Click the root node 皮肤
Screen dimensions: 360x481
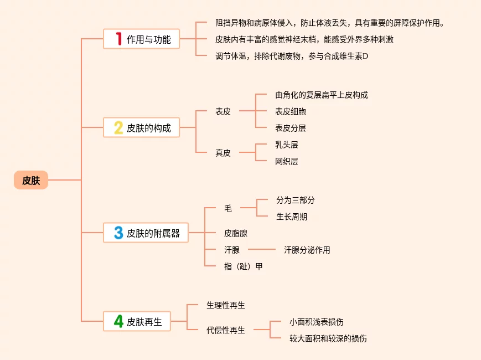pyautogui.click(x=31, y=180)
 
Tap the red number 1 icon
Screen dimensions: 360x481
pyautogui.click(x=118, y=39)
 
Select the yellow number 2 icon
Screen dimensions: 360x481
pyautogui.click(x=118, y=128)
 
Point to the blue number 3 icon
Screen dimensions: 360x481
pyautogui.click(x=118, y=233)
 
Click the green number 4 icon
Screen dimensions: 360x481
pyautogui.click(x=118, y=321)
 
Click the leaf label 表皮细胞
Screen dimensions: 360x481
pyautogui.click(x=290, y=111)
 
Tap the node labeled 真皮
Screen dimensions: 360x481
pyautogui.click(x=223, y=153)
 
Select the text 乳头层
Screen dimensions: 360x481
pyautogui.click(x=286, y=145)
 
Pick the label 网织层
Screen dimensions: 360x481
pyautogui.click(x=286, y=161)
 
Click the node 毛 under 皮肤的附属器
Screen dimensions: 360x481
pyautogui.click(x=228, y=208)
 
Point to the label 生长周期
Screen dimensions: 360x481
pyautogui.click(x=291, y=217)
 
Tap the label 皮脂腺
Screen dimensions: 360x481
pyautogui.click(x=236, y=233)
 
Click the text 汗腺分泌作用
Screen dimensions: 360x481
pyautogui.click(x=307, y=250)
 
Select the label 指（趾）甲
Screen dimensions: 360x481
pyautogui.click(x=243, y=266)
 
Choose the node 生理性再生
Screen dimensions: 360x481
pyautogui.click(x=226, y=305)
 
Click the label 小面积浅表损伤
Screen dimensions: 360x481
pyautogui.click(x=320, y=321)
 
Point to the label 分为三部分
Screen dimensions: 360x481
pyautogui.click(x=295, y=200)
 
